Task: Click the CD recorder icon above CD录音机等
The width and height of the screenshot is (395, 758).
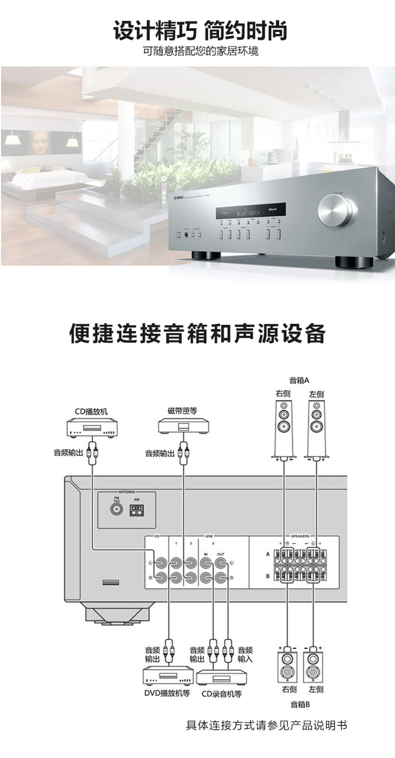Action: point(221,677)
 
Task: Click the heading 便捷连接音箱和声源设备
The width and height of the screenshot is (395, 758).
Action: point(197,334)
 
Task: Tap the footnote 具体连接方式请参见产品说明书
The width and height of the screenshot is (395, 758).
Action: point(266,725)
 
